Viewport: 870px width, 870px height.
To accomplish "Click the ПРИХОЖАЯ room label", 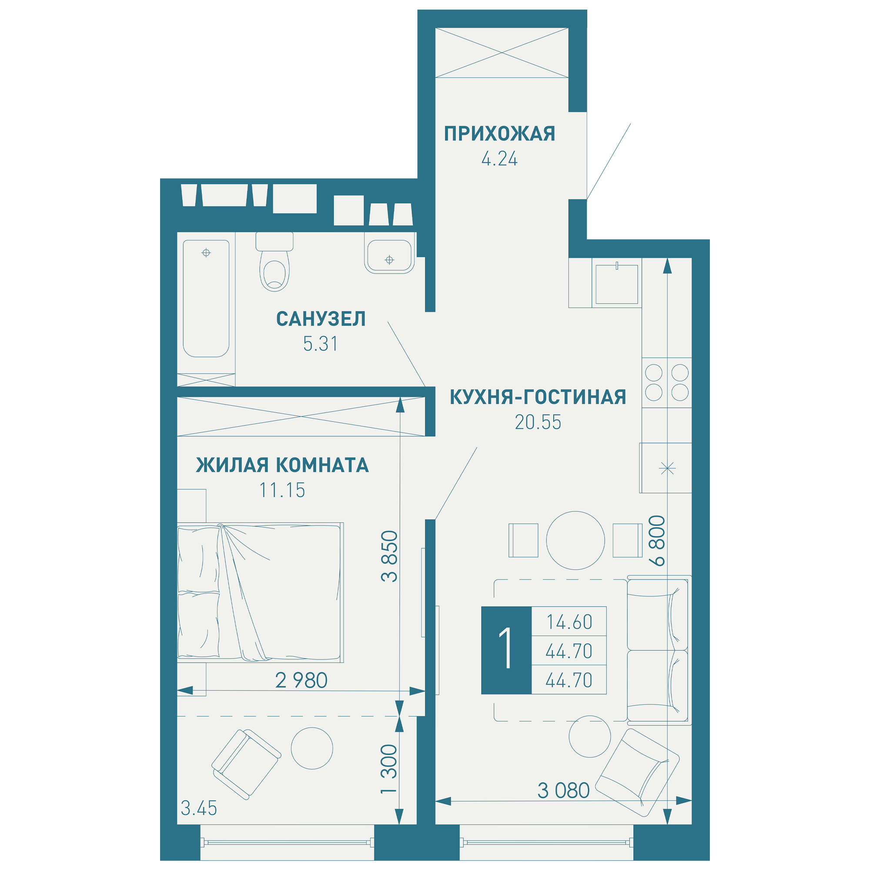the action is coord(499,134).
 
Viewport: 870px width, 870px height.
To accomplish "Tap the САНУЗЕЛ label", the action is coord(321,319).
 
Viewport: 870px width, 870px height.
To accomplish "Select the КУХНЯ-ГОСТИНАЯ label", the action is coord(538,397).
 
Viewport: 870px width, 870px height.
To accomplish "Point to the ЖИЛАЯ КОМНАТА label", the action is coord(282,465).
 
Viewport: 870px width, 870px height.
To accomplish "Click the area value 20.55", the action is coord(538,422).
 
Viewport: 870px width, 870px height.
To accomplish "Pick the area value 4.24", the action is coord(499,159).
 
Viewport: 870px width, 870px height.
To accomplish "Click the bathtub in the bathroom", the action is coord(206,298).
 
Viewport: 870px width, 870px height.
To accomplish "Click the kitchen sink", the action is coord(616,284).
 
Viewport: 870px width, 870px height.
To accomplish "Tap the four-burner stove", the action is coord(667,383).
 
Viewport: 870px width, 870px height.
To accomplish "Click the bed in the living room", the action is coord(260,592).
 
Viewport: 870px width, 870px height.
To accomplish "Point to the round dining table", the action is coord(576,540).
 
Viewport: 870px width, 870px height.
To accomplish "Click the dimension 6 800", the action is coord(657,541).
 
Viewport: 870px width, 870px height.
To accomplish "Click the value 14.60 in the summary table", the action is coord(569,622).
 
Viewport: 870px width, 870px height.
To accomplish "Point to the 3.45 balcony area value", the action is coord(199,808).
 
